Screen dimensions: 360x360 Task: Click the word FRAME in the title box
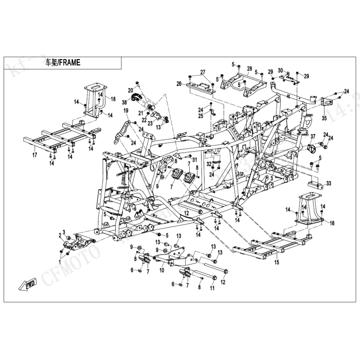point(69,63)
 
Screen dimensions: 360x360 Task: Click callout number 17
point(34,154)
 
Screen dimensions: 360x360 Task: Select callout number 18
point(113,98)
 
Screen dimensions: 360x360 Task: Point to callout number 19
point(125,111)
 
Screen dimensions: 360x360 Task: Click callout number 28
point(249,68)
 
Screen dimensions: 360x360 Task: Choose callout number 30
point(280,70)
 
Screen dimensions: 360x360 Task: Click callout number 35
point(324,118)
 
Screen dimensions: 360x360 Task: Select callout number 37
point(312,136)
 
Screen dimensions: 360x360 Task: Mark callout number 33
point(329,183)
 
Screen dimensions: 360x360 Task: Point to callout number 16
point(332,223)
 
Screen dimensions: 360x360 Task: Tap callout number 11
point(211,289)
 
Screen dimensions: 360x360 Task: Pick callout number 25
point(201,116)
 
